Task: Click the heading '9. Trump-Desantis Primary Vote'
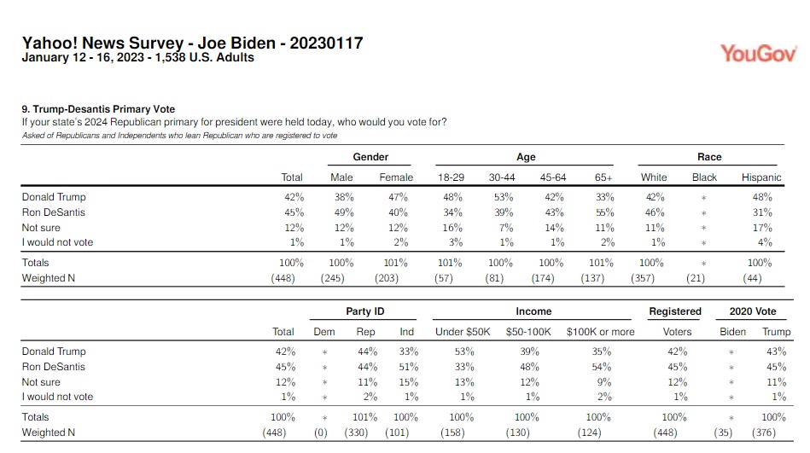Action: pos(98,109)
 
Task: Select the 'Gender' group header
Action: pos(370,157)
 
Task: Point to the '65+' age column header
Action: pos(603,177)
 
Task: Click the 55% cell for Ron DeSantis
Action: pos(604,212)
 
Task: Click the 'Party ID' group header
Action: pos(364,311)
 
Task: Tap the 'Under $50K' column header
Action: pos(461,332)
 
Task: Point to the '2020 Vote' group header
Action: pos(752,311)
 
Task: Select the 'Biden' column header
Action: pos(732,332)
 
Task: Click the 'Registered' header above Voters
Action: pos(675,311)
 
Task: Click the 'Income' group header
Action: pos(533,311)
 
